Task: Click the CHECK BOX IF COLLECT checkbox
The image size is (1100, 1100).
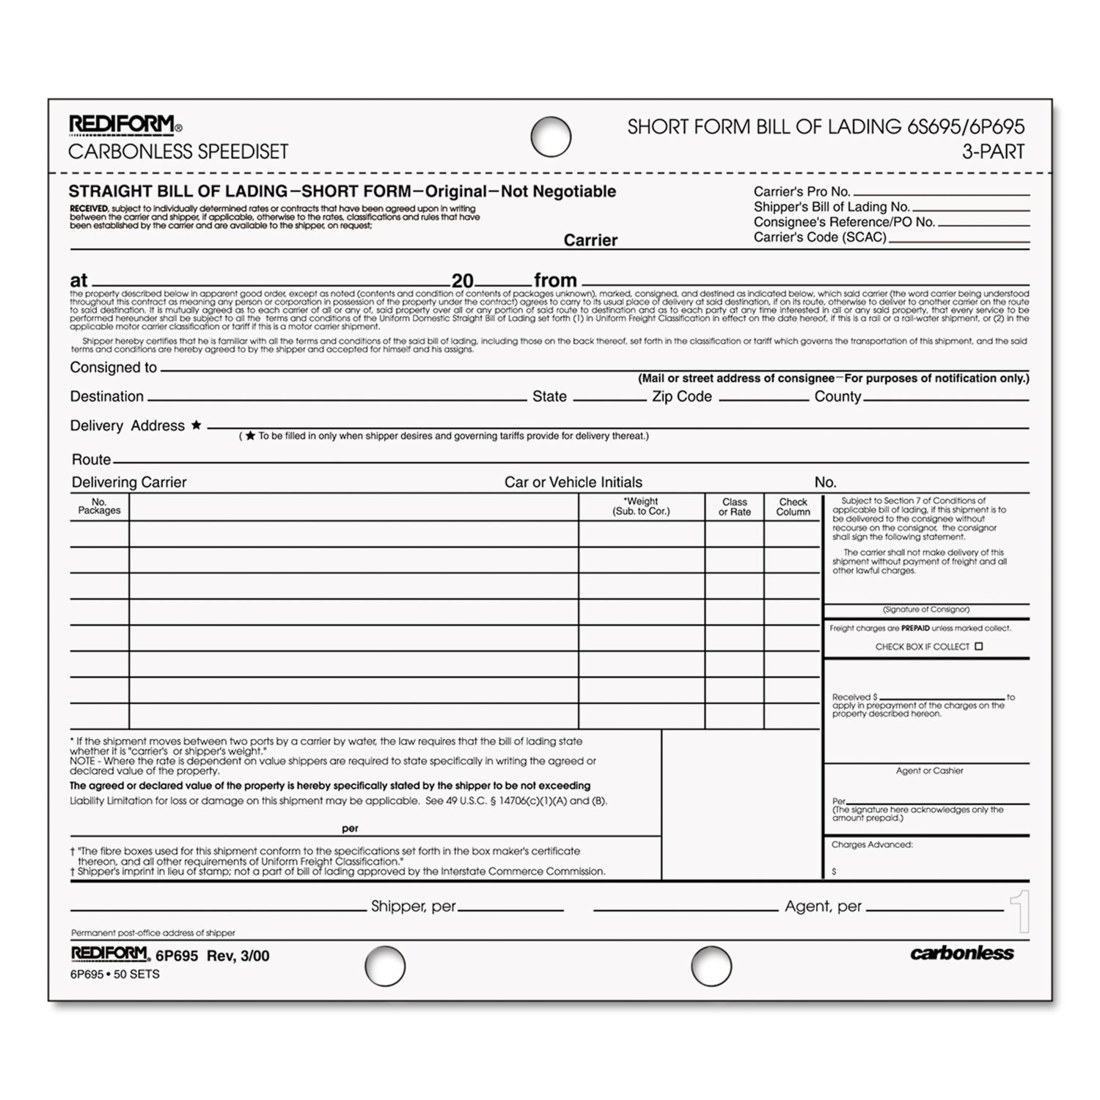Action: [x=978, y=646]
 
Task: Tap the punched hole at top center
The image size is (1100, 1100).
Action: [x=551, y=136]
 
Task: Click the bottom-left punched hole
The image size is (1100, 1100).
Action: [x=385, y=965]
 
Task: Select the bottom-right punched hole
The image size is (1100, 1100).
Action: [x=711, y=965]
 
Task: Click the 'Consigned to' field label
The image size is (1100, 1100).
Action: [x=114, y=367]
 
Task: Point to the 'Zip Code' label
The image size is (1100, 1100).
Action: [x=682, y=397]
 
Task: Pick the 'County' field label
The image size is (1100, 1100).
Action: [x=837, y=397]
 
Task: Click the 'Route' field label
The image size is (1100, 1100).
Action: [x=92, y=460]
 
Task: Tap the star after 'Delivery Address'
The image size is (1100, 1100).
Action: [x=196, y=425]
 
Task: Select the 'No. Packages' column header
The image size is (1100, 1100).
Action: [x=99, y=507]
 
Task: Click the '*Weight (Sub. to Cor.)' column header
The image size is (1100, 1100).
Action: [x=641, y=507]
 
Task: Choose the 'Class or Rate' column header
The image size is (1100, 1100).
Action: [x=734, y=507]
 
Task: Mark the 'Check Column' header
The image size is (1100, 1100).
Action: [x=793, y=507]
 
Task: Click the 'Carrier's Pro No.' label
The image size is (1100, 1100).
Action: [x=802, y=192]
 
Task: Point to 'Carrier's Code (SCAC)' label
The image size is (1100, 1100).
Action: [x=820, y=238]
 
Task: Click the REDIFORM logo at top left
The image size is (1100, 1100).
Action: [x=122, y=125]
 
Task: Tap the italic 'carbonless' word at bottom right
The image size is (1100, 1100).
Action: [x=961, y=953]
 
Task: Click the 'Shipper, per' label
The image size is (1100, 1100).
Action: [x=414, y=906]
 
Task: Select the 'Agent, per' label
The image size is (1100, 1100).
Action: [x=823, y=906]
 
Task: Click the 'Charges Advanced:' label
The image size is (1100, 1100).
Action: [x=872, y=845]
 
